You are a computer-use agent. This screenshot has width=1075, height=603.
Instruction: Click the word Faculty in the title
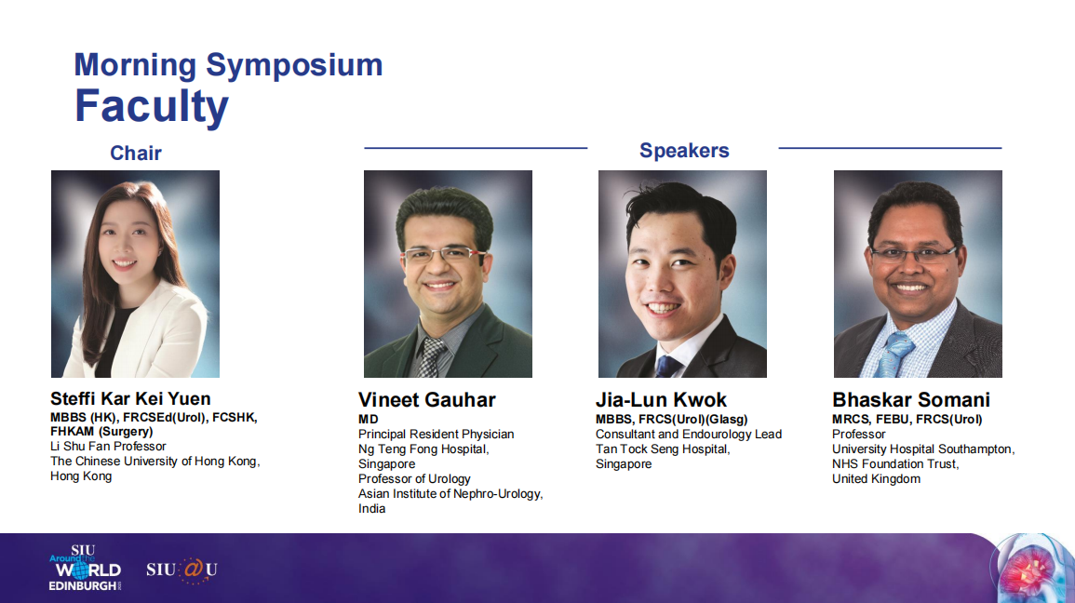(x=152, y=107)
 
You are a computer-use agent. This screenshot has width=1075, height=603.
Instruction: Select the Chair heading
(x=136, y=153)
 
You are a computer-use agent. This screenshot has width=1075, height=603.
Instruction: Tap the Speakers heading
(x=684, y=151)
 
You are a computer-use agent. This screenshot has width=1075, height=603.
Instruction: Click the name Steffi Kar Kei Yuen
(x=130, y=399)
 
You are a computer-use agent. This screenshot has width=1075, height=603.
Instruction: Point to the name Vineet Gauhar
(x=426, y=399)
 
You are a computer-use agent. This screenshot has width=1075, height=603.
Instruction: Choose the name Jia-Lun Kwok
(x=661, y=399)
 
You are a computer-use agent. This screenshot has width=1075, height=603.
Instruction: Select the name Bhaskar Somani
(x=911, y=399)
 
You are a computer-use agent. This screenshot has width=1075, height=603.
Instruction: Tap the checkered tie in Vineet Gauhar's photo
(x=431, y=357)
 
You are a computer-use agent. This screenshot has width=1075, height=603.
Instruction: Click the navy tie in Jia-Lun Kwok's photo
(x=667, y=367)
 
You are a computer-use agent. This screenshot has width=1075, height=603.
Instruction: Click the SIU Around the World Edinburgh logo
(x=85, y=568)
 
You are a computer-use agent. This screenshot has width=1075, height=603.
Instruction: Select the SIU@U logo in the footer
(x=181, y=570)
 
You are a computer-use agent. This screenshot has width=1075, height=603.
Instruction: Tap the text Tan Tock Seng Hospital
(x=663, y=449)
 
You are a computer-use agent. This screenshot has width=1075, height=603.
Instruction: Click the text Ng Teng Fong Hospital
(x=423, y=449)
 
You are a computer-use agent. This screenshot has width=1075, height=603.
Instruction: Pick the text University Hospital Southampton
(x=922, y=449)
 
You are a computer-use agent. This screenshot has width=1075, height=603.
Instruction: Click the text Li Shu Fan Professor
(x=108, y=446)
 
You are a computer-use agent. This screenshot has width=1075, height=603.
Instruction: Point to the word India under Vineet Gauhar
(x=371, y=508)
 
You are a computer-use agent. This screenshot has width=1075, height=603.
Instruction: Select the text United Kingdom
(x=876, y=479)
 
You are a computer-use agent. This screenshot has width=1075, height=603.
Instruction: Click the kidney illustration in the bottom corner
(x=1031, y=569)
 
